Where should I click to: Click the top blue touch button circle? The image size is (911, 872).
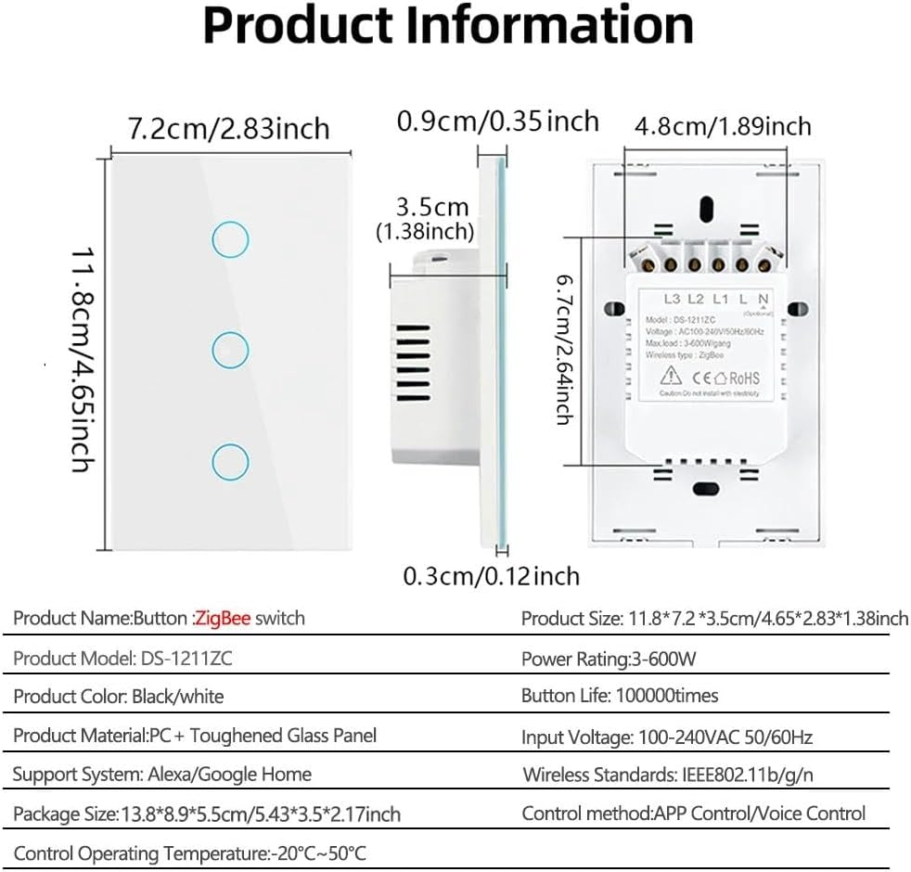click(x=229, y=240)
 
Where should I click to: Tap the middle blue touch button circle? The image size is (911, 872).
click(x=229, y=351)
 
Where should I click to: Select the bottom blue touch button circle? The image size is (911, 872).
click(x=229, y=460)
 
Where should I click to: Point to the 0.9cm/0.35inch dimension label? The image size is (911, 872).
click(x=498, y=121)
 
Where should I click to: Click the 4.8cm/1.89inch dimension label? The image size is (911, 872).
click(x=723, y=125)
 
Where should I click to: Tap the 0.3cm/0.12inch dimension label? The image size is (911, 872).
click(x=491, y=576)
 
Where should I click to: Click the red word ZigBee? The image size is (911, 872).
click(x=223, y=618)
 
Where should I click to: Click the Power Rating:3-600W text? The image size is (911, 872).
click(x=609, y=660)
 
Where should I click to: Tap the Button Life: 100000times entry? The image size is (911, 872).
click(x=620, y=696)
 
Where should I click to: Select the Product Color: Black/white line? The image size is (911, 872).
click(x=119, y=696)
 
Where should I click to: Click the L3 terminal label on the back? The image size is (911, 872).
click(x=673, y=300)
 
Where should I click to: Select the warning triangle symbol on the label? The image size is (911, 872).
click(x=671, y=377)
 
